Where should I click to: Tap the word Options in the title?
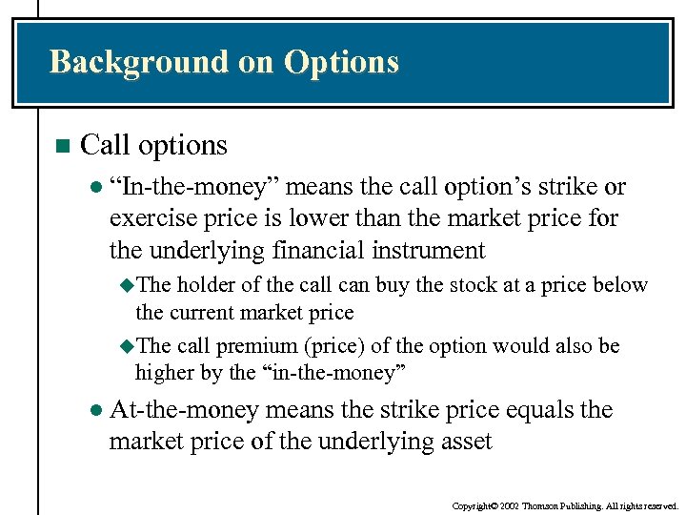pos(341,62)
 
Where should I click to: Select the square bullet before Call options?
pos(62,146)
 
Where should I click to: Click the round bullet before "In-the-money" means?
pos(94,186)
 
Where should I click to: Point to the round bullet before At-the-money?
pos(94,410)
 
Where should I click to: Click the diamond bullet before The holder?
pos(130,285)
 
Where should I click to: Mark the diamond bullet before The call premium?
pos(130,345)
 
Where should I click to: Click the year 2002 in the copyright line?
pos(508,505)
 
